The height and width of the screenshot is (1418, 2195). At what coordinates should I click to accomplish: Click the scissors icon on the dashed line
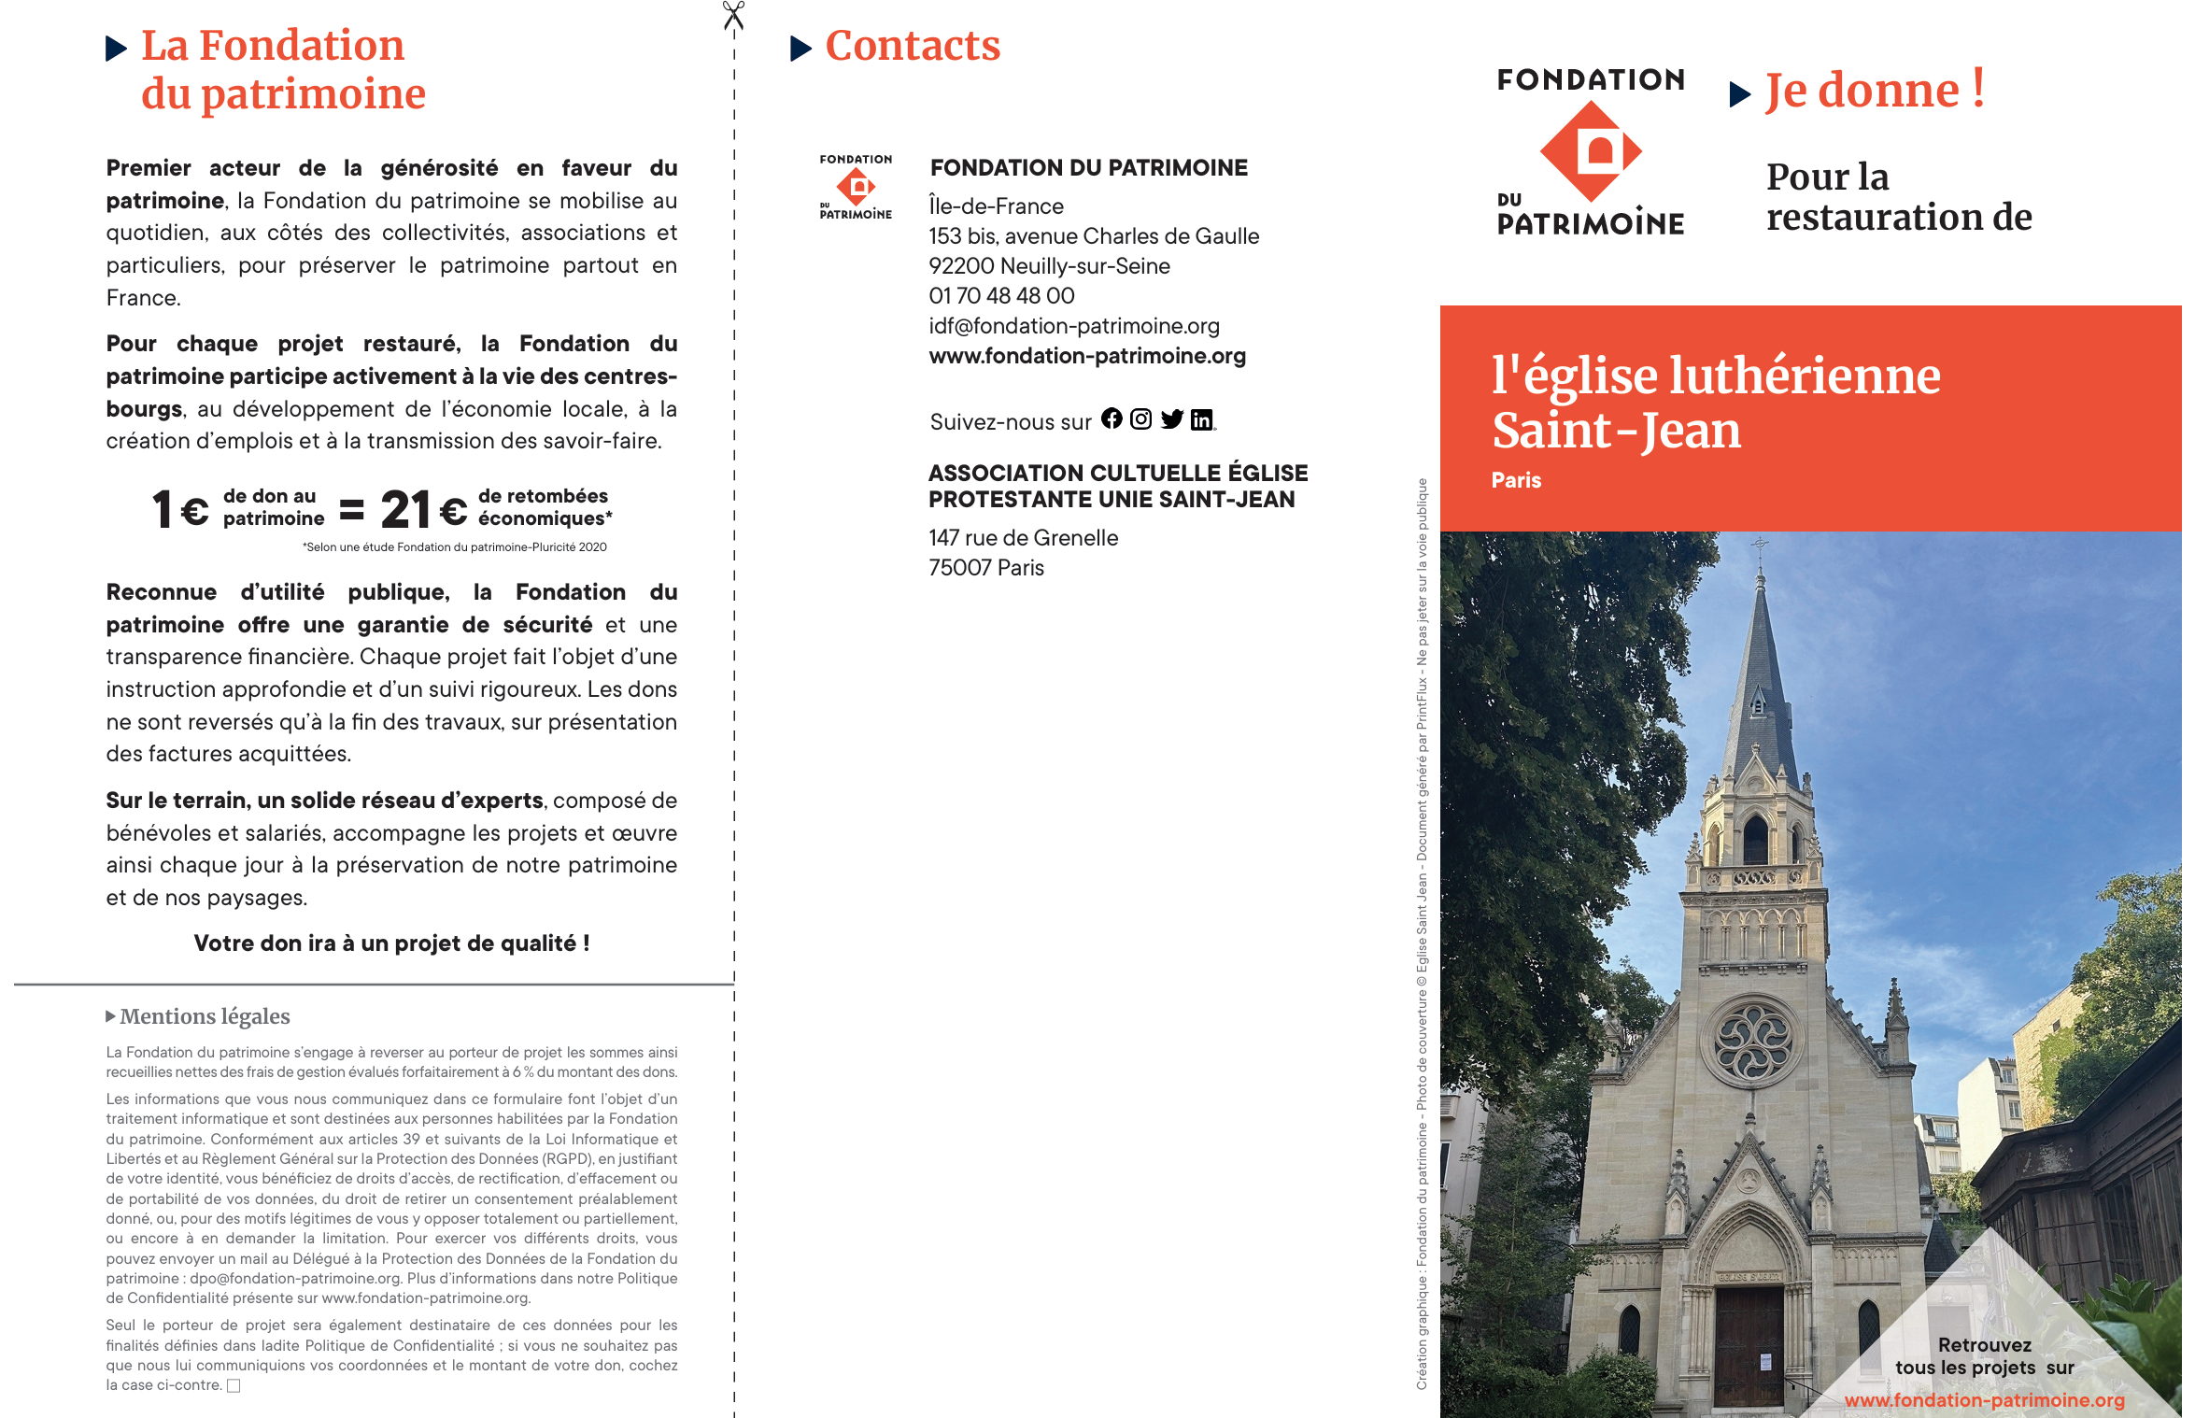(x=733, y=16)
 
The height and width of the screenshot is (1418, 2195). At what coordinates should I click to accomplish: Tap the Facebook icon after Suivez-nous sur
(x=1112, y=418)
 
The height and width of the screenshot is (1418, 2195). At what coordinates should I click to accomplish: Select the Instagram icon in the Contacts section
(x=1140, y=419)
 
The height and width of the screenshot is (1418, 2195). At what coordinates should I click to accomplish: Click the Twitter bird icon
(x=1171, y=419)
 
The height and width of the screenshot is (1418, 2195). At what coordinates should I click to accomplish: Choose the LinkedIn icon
(x=1202, y=420)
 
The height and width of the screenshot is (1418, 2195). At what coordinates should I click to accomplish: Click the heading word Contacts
(x=912, y=46)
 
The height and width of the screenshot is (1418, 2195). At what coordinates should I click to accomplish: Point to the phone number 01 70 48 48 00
(x=1001, y=296)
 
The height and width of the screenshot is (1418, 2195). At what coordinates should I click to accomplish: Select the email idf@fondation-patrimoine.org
(x=1074, y=326)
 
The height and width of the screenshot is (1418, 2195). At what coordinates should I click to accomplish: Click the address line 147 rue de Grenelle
(x=1023, y=538)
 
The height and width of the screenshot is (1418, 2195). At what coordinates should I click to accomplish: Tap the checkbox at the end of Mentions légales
(x=234, y=1385)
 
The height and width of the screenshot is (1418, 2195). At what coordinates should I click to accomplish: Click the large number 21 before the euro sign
(x=405, y=510)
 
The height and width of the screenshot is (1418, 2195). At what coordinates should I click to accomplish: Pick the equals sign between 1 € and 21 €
(x=351, y=510)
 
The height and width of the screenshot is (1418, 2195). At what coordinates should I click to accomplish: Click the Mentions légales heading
(x=204, y=1016)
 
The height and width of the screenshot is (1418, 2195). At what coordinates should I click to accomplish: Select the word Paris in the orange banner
(x=1516, y=480)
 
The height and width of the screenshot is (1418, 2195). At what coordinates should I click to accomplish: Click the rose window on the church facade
(x=1752, y=1042)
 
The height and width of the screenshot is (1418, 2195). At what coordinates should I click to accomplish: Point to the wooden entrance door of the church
(x=1749, y=1345)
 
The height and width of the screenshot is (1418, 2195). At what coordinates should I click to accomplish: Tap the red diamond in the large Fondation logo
(x=1591, y=151)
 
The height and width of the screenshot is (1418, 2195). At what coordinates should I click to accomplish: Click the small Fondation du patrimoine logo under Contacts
(x=856, y=187)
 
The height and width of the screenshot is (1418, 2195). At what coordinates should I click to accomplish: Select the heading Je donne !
(x=1874, y=91)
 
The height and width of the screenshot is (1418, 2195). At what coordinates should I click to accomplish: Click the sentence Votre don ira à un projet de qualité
(x=391, y=943)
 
